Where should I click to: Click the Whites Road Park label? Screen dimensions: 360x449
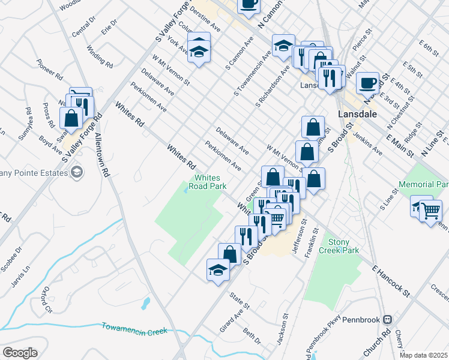point(208,182)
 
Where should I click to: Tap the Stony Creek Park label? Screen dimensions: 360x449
point(339,245)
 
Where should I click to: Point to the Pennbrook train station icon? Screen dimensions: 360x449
point(388,319)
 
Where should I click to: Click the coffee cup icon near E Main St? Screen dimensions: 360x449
point(368,83)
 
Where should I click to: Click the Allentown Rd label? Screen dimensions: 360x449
point(101,154)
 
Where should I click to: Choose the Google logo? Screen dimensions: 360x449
point(20,353)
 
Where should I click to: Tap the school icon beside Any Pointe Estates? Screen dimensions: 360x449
point(76,173)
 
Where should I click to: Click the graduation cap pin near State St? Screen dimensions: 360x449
point(218,270)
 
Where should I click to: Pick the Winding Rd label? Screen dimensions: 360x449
point(100,56)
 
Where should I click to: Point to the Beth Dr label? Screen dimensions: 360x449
point(252,337)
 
